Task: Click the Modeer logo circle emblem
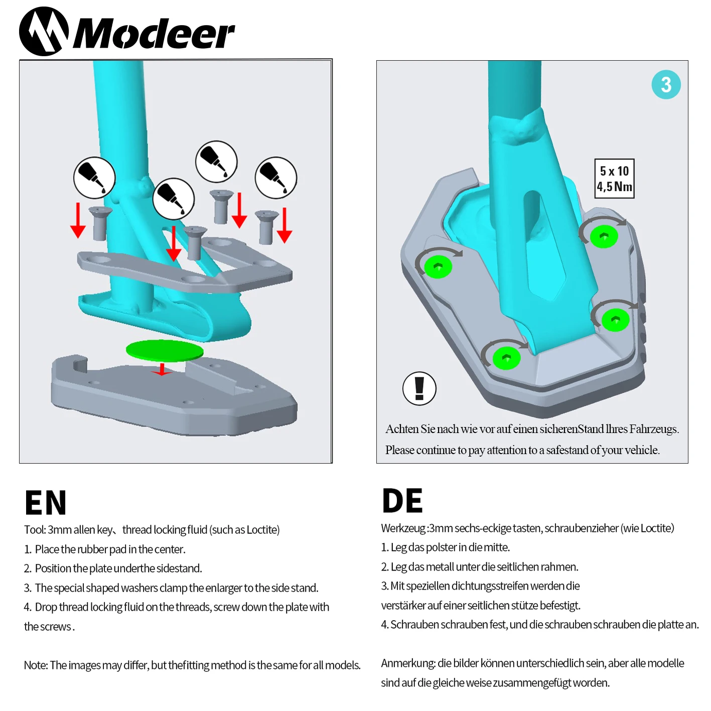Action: coord(44,32)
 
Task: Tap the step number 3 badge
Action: coord(666,84)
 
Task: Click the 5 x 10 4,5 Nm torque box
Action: coord(614,179)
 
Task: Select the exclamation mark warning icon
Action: coord(419,388)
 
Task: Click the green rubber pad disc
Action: coord(165,350)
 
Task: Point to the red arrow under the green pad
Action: coord(162,369)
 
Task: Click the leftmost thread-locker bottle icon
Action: coord(94,178)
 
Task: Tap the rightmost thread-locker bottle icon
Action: coord(275,178)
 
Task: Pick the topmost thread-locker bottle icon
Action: coord(216,162)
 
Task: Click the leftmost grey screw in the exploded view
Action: coord(100,224)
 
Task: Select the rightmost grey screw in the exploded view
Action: coord(267,227)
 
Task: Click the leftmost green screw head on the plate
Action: coord(438,266)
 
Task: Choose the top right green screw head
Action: coord(604,236)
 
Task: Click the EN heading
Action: coord(45,502)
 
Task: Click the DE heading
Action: coord(402,500)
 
